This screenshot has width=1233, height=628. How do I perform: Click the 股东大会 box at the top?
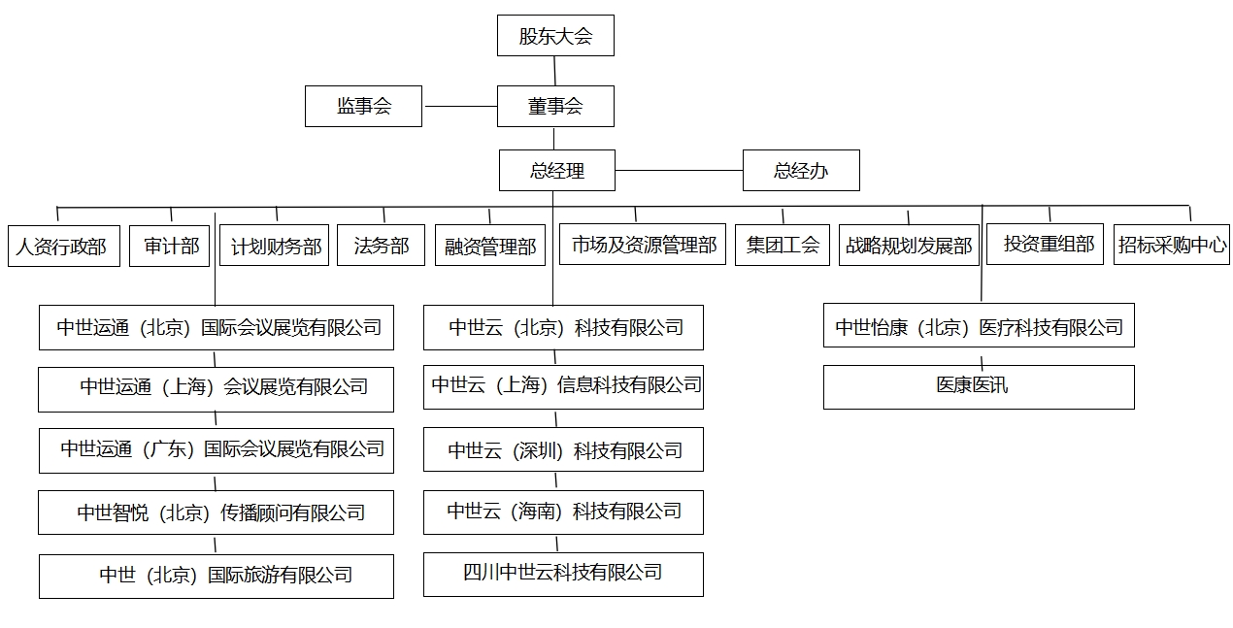coord(555,36)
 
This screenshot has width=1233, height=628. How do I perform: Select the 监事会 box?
coord(363,106)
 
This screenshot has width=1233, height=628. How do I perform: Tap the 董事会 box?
coord(555,106)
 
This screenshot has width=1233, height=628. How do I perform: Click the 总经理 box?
coord(556,171)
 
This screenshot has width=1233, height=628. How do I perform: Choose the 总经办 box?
coord(801,171)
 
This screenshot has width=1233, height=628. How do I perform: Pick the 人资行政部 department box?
coord(63,246)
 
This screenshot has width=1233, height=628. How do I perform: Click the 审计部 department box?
coord(171,246)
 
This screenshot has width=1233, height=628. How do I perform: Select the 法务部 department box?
coord(381,245)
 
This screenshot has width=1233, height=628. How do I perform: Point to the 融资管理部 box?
coord(489,246)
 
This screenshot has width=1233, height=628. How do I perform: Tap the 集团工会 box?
coord(783,245)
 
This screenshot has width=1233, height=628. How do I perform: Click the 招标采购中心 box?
coord(1172,245)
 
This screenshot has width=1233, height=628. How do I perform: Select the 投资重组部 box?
coord(1049,244)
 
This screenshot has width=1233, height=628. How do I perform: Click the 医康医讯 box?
coord(979,386)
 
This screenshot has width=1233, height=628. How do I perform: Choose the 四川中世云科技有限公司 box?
coord(563,574)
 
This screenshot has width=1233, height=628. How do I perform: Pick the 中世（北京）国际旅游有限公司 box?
coord(216,576)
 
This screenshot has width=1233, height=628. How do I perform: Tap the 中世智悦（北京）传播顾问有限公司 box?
coord(216,512)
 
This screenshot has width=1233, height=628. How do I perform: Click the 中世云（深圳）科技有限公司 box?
coord(563,450)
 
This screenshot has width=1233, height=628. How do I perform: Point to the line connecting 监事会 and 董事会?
coord(459,106)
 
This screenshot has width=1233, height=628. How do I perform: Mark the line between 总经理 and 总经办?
coord(678,171)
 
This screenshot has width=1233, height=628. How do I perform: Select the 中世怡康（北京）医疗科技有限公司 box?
coord(979,326)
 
